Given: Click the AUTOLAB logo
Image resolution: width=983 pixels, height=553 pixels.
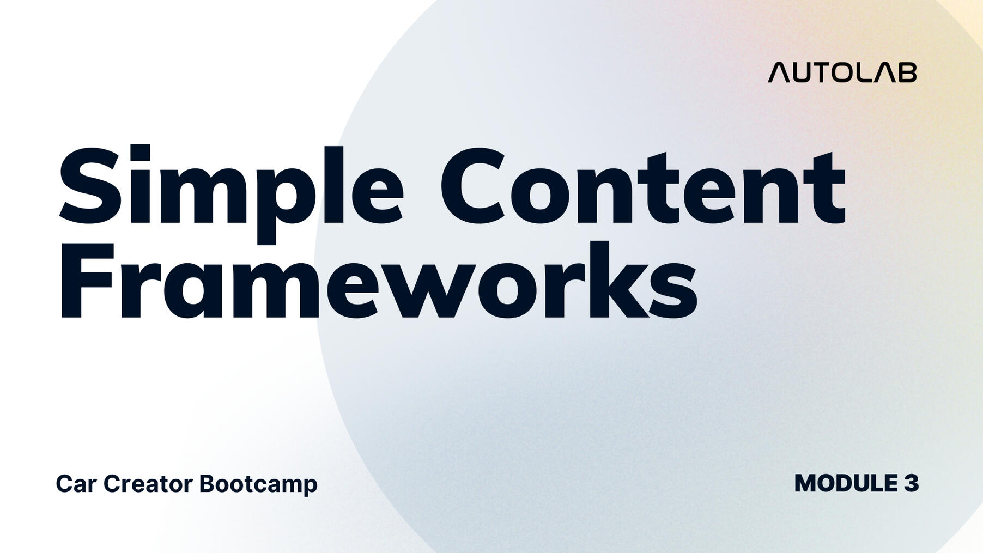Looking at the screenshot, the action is coord(842,72).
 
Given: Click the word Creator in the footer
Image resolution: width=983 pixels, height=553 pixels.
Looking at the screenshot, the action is coord(148,484).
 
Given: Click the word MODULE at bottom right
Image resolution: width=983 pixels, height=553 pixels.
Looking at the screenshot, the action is coord(846,483).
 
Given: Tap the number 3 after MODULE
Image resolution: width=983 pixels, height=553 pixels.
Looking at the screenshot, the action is coord(912,483).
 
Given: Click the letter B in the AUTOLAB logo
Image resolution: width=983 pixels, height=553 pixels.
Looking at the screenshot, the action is coord(907,73).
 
